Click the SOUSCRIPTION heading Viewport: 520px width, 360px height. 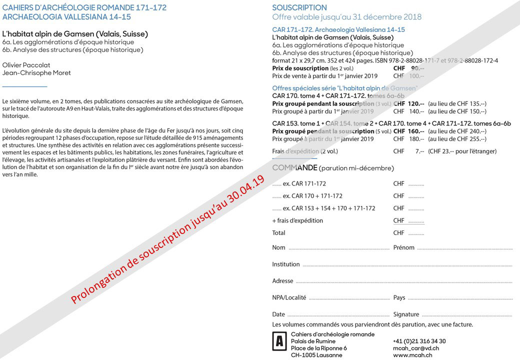(299, 7)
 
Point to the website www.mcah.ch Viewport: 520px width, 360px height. (412, 355)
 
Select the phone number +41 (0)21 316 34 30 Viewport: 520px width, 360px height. (419, 341)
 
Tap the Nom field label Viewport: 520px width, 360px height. (278, 247)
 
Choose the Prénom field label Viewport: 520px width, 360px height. (404, 247)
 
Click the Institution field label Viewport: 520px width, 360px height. (286, 264)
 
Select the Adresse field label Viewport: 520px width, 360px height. (282, 281)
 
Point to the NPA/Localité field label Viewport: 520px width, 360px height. (289, 297)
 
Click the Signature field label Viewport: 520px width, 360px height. (406, 314)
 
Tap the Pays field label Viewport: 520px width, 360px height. (399, 297)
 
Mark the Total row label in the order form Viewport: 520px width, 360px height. (278, 233)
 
